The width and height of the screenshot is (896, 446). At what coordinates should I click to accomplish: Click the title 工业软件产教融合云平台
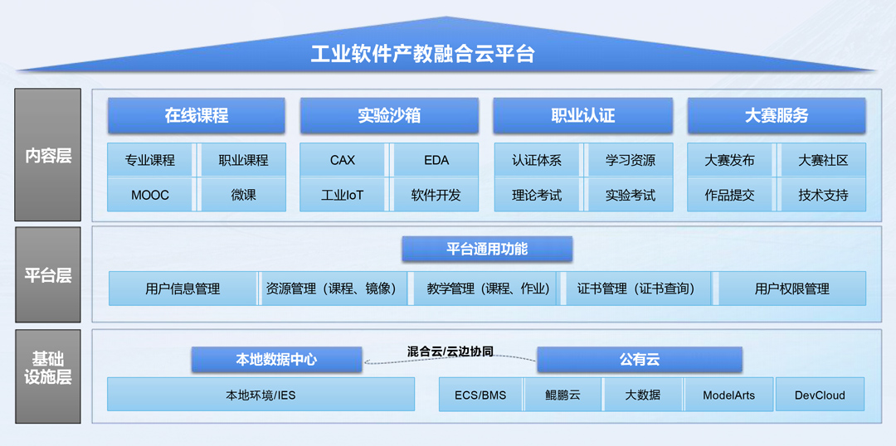tap(422, 55)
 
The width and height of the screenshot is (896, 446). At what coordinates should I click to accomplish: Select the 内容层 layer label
tap(48, 155)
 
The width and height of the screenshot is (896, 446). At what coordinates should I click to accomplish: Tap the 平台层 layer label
tap(48, 275)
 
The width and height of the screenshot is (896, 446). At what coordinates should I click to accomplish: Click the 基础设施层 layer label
tap(48, 368)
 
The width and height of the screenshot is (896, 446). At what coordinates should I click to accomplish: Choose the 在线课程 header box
tap(196, 116)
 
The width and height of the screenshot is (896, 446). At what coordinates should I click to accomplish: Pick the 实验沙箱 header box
tap(389, 116)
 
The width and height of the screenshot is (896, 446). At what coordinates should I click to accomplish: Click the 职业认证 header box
tap(582, 116)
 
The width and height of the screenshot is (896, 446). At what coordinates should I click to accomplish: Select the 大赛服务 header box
tap(776, 116)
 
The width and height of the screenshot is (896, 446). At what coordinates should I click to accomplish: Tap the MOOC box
tap(150, 196)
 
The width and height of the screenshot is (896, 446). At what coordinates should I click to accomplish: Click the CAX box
tap(343, 160)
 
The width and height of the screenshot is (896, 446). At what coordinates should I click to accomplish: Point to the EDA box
tap(436, 160)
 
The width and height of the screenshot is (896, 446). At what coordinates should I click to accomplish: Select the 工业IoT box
tap(343, 196)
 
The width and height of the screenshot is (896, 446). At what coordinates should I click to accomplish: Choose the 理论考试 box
tap(537, 196)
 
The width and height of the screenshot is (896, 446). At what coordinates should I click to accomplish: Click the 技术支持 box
tap(823, 196)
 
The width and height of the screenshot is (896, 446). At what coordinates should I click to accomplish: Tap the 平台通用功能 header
tap(487, 249)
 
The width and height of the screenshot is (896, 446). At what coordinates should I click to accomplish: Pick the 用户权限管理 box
tap(792, 288)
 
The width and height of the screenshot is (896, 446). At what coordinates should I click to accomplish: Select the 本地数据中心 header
tap(276, 360)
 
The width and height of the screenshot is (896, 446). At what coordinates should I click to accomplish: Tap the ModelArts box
tap(728, 395)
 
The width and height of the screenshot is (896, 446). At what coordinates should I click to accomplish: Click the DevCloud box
tap(820, 395)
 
